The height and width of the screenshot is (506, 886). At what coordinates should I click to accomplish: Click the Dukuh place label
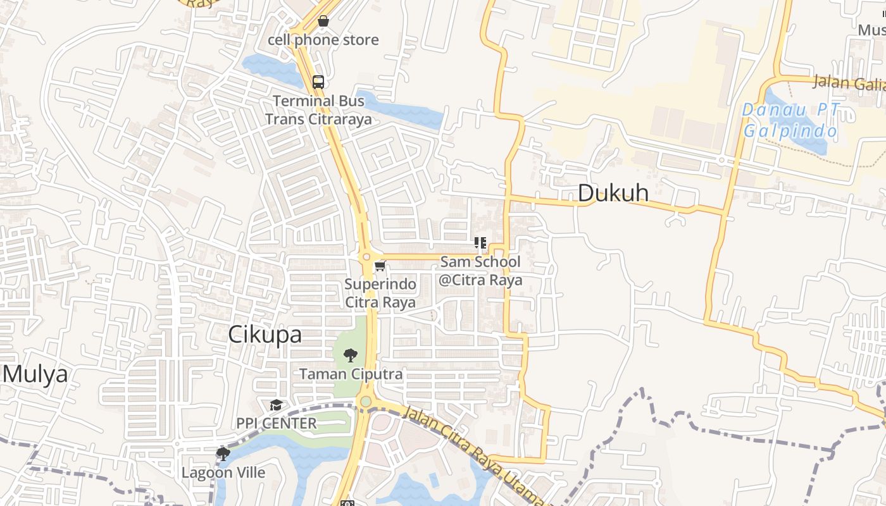(613, 194)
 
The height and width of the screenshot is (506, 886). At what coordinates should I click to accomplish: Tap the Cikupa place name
(265, 335)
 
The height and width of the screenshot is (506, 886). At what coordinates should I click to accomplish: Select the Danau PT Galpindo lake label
(790, 121)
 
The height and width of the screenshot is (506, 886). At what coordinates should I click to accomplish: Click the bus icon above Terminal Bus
(318, 82)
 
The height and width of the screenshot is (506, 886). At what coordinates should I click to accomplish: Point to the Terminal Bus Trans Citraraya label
(318, 110)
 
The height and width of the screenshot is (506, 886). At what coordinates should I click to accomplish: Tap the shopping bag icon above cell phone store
(323, 21)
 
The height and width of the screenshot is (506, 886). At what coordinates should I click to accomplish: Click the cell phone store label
(323, 40)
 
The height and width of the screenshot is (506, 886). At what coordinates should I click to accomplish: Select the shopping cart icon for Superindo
(380, 266)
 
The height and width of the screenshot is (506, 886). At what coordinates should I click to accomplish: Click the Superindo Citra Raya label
(380, 293)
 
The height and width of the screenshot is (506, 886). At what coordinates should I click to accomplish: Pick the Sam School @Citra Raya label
(481, 271)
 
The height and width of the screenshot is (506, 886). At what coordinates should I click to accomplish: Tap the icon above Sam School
(480, 243)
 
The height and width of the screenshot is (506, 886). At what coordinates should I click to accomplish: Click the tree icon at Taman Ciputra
(351, 355)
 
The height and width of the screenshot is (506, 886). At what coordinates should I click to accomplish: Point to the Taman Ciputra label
(351, 374)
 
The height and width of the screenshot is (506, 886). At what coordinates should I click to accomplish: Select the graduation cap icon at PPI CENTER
(276, 405)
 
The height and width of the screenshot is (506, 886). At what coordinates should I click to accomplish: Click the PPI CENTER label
(277, 423)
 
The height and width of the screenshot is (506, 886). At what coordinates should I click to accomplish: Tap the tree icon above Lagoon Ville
(223, 454)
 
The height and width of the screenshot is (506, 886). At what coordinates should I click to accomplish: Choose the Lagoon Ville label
(223, 472)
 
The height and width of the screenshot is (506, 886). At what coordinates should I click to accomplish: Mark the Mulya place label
(35, 374)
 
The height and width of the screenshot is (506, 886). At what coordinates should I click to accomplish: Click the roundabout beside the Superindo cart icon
(366, 257)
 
